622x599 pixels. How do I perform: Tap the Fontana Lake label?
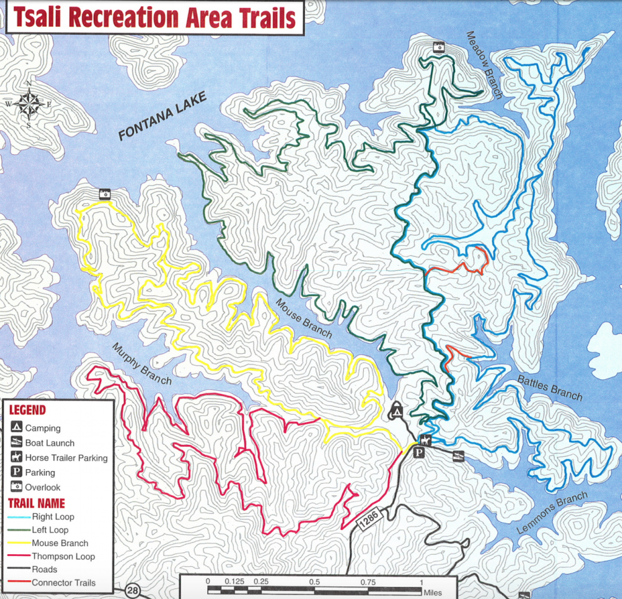[x=162, y=116]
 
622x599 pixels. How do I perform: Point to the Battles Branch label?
[x=550, y=388]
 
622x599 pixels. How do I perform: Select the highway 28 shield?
[x=131, y=590]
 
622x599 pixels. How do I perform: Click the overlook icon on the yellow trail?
[x=105, y=194]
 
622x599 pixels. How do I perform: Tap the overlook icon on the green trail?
[x=438, y=47]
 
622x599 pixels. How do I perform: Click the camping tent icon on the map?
[x=396, y=411]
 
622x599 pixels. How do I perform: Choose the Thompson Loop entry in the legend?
[x=63, y=556]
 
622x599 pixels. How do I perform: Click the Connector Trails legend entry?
[x=63, y=583]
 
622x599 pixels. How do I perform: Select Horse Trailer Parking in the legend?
[x=66, y=458]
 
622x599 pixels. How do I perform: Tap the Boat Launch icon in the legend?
[x=17, y=443]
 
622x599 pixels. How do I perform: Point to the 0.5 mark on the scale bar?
[x=315, y=582]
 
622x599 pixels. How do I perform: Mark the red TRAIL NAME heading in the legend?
[x=36, y=503]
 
